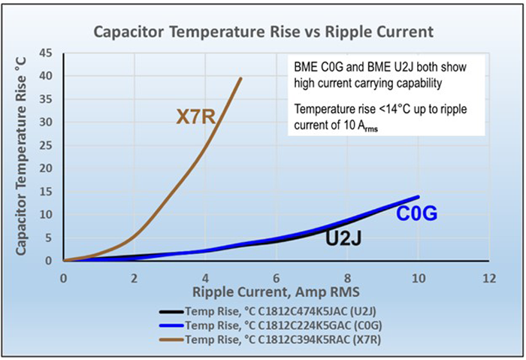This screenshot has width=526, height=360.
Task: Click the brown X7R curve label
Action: click(198, 116)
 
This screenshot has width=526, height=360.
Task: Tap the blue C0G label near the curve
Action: click(418, 213)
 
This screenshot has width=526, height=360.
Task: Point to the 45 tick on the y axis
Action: click(46, 53)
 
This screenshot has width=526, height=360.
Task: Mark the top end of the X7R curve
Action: click(240, 78)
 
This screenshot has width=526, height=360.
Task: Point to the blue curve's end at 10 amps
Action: click(418, 197)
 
